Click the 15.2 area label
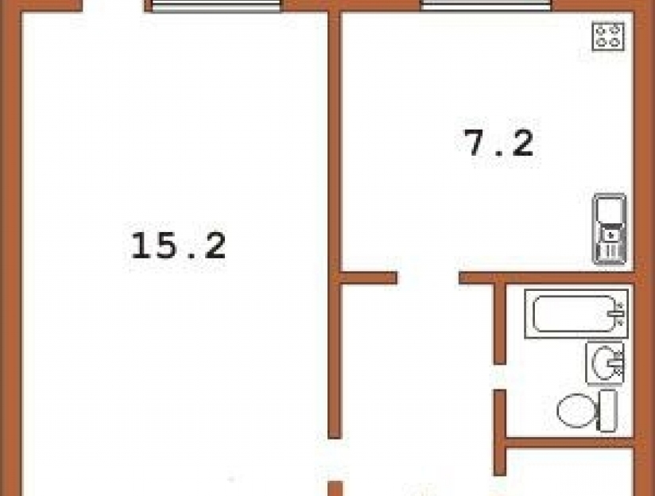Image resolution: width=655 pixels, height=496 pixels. pos(178,246)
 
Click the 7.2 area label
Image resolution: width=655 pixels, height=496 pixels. pos(499,143)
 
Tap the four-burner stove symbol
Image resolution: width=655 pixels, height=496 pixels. pos(608,37)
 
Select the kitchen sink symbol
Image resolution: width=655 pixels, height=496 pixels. pos(610,229)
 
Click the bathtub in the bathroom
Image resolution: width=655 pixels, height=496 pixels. pos(576,314)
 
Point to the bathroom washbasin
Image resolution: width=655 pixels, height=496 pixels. pos(605,363)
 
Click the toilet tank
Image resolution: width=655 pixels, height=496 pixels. pos(608,410)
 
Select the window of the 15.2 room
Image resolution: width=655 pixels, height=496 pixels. pos(216,6)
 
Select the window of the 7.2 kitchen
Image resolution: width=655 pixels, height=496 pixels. pos(486,5)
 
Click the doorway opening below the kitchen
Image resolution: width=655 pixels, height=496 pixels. pos(428,278)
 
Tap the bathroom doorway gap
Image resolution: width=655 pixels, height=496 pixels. pos(500,377)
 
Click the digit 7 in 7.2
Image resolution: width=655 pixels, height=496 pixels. pos(478,143)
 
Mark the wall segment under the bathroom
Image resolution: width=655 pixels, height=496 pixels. pos(570,444)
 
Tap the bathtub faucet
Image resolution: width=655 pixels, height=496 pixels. pos(618,313)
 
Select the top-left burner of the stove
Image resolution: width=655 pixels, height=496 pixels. pos(601,30)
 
